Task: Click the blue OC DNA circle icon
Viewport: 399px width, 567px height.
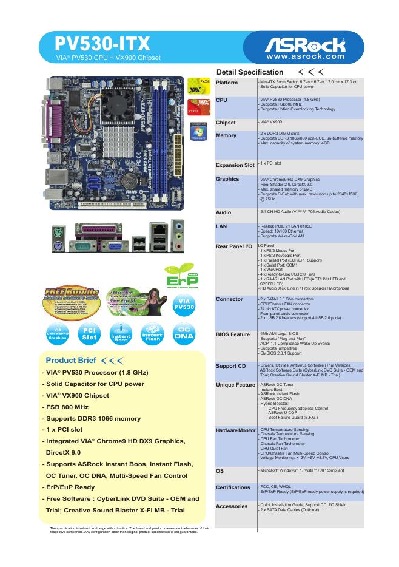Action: [184, 335]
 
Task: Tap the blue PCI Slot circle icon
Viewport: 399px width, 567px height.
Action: [89, 335]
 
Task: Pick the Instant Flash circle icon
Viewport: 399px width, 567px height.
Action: [152, 335]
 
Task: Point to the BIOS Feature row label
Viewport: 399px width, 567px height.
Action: [233, 334]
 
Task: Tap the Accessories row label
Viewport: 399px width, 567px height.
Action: [232, 506]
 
